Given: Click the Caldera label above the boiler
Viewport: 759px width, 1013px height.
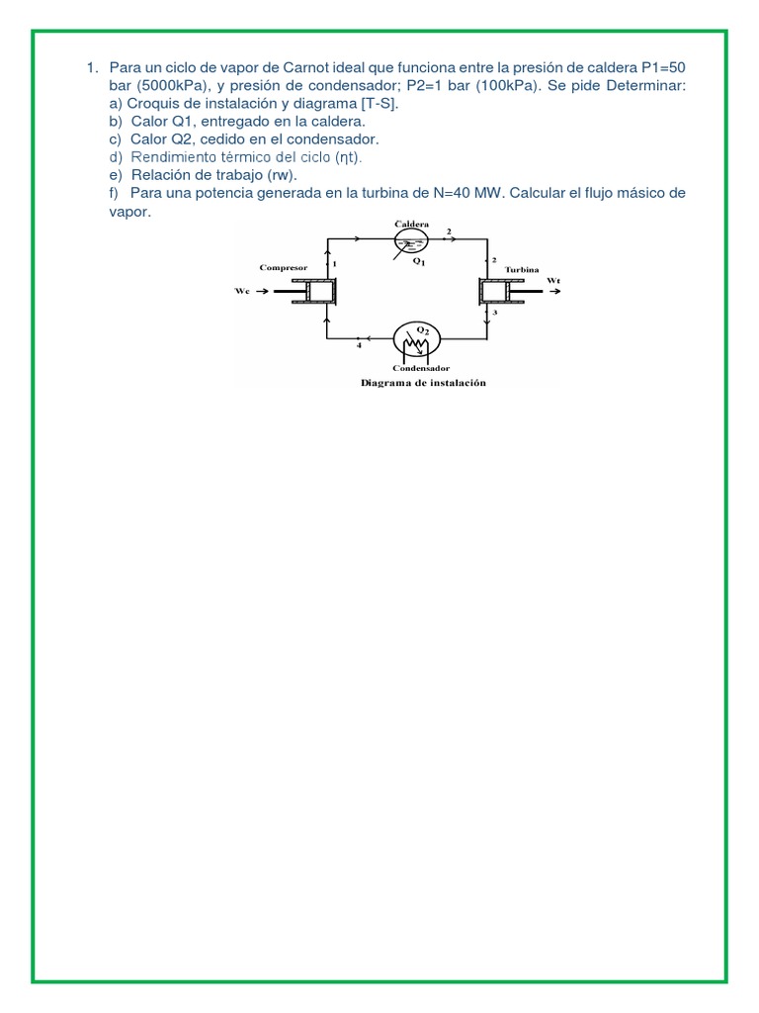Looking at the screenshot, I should tap(412, 225).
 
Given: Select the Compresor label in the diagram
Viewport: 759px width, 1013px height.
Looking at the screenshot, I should tap(284, 267).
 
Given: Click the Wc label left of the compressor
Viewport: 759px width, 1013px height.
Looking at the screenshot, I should tap(243, 291).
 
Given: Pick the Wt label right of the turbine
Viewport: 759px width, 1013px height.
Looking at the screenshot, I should tap(553, 280).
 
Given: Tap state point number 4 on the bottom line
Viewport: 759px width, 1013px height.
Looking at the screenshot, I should tap(359, 346).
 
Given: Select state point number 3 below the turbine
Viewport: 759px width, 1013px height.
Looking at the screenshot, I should tap(495, 313).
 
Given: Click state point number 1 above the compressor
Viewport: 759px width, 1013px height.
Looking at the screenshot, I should tap(334, 264).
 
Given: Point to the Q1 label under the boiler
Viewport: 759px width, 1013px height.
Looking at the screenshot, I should tap(419, 262).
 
